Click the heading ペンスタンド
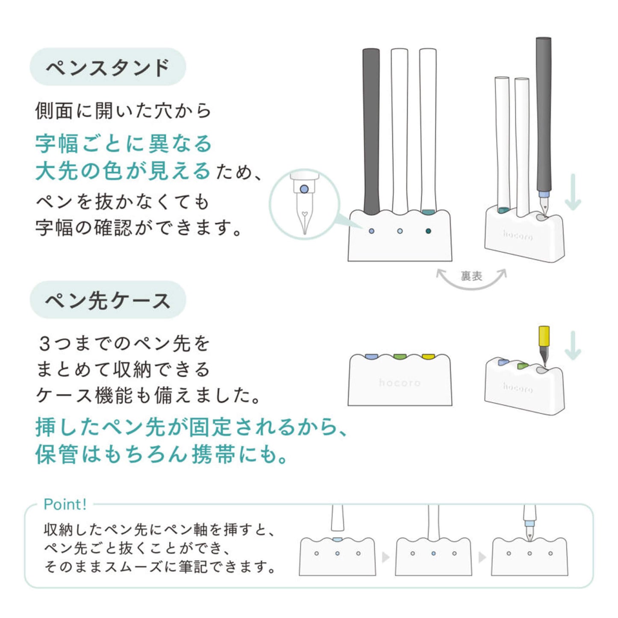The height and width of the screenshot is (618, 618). [108, 67]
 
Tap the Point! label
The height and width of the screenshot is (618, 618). [65, 504]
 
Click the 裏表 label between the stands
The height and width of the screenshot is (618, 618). [471, 276]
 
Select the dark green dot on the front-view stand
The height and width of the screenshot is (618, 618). [428, 231]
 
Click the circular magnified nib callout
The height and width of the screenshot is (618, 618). [305, 204]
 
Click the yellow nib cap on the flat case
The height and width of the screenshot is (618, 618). [428, 356]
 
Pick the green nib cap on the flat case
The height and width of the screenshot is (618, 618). [400, 356]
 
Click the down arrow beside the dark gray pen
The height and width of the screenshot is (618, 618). [573, 192]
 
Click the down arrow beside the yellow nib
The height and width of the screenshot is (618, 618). [573, 346]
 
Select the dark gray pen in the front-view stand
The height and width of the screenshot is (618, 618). [371, 131]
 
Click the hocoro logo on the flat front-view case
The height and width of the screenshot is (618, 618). [399, 383]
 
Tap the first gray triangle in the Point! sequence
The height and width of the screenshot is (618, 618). [385, 557]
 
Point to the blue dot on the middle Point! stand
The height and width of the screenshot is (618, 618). [433, 553]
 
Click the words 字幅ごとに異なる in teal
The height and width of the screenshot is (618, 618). [124, 143]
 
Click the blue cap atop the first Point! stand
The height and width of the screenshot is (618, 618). [338, 539]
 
